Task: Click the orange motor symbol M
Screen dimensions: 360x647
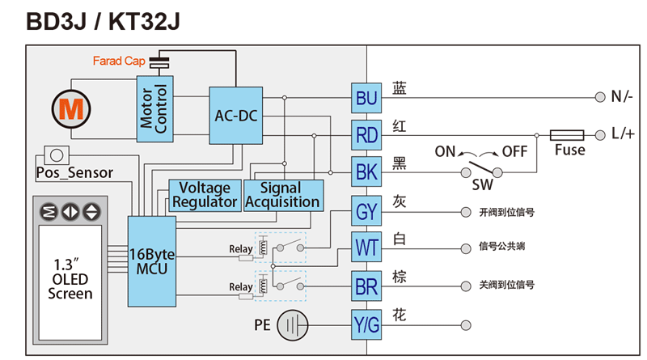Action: [69, 108]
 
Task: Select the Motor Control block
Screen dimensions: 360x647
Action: [153, 108]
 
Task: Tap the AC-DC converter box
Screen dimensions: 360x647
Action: [235, 116]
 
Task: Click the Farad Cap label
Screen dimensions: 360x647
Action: [118, 61]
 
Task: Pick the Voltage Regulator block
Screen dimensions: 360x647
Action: [205, 194]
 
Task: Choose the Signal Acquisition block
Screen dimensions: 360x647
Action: [282, 194]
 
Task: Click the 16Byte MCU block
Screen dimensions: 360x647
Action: [151, 260]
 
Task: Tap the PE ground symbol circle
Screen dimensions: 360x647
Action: [292, 325]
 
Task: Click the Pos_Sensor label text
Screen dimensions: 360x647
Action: [74, 172]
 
